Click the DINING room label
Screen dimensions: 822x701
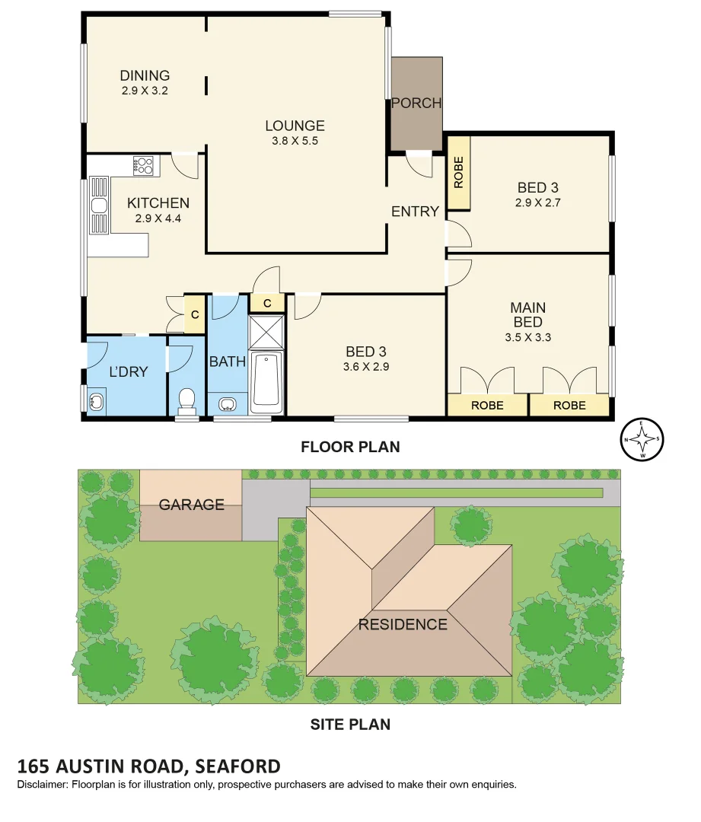coord(145,75)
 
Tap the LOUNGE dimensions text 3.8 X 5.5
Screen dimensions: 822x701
coord(295,141)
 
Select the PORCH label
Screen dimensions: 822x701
coord(416,104)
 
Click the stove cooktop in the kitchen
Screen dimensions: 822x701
coord(143,165)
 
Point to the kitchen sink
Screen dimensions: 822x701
coord(98,205)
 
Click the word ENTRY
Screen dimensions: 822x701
coord(415,212)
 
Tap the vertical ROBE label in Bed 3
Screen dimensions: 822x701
coord(458,173)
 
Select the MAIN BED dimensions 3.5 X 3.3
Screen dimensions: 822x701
coord(527,337)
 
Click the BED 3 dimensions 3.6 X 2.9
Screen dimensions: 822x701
coord(365,367)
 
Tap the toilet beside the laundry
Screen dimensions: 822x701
coord(186,401)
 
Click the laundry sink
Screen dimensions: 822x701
coord(97,400)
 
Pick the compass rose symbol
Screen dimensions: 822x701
coord(642,440)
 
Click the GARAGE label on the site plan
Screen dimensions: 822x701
coord(191,505)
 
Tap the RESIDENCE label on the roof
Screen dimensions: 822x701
coord(403,625)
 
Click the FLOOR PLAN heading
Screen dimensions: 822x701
coord(350,447)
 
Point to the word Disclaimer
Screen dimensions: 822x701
coord(42,784)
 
